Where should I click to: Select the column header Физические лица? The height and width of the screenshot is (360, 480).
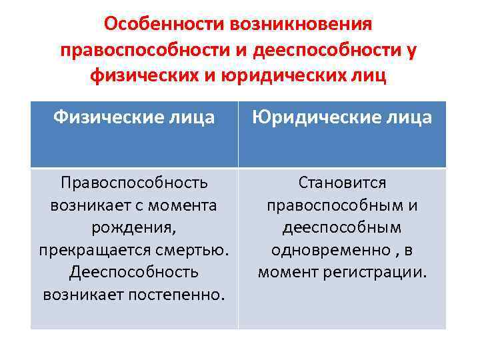click(134, 118)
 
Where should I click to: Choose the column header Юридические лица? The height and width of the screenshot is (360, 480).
click(342, 118)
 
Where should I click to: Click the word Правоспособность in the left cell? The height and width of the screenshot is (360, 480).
click(134, 183)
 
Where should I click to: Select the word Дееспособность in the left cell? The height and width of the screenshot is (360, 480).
click(134, 272)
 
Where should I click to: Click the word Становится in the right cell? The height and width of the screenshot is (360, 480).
click(342, 183)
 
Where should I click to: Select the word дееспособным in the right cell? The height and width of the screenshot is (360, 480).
click(342, 227)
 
